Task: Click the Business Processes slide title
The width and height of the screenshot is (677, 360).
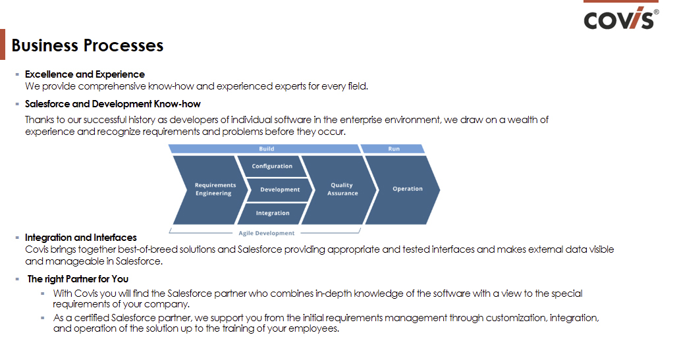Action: click(x=88, y=45)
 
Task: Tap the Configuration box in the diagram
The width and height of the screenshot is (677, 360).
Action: click(x=272, y=167)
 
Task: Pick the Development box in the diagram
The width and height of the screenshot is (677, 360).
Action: click(x=279, y=190)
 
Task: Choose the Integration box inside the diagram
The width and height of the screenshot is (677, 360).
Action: click(x=272, y=213)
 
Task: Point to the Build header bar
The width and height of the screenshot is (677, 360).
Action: click(x=266, y=149)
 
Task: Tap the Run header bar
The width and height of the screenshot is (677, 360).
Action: click(x=394, y=149)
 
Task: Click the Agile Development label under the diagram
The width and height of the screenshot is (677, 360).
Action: click(x=266, y=233)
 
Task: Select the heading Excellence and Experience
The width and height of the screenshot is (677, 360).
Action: click(x=85, y=74)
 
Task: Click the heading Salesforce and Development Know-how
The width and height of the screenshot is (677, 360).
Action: click(x=113, y=104)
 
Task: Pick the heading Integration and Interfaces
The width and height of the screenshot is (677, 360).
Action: click(x=81, y=238)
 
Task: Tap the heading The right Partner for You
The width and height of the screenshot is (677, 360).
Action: click(x=78, y=279)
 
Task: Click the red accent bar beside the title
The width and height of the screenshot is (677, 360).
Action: click(x=3, y=45)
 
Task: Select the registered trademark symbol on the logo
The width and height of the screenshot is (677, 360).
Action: click(x=655, y=11)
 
